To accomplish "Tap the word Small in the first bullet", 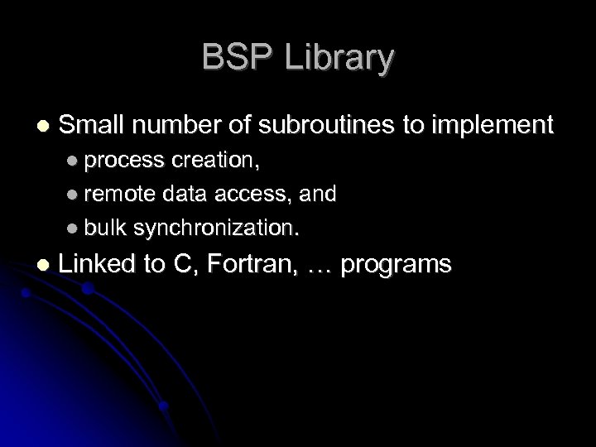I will click(92, 125).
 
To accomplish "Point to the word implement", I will click(491, 127).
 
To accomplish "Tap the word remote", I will click(115, 194).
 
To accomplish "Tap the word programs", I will click(397, 267).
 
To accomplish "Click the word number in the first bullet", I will click(171, 125).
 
